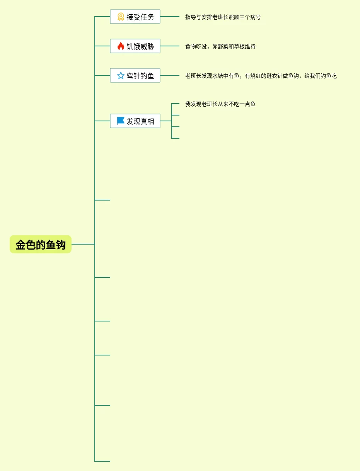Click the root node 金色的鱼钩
[x=41, y=245]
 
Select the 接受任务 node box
[x=135, y=17]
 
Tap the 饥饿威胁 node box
[x=135, y=46]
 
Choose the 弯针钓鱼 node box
[x=135, y=76]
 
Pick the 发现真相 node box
[x=135, y=121]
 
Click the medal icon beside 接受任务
[x=121, y=17]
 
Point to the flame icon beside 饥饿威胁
[x=121, y=46]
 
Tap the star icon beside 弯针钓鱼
[x=121, y=76]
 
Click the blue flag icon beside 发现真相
[x=121, y=121]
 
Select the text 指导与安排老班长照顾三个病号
[x=223, y=17]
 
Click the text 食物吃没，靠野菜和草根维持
[x=220, y=47]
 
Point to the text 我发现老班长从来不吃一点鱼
[x=220, y=104]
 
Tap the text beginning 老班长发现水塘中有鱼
[x=261, y=76]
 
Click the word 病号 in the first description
[x=256, y=17]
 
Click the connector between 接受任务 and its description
[x=170, y=17]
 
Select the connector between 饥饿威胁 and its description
[x=170, y=46]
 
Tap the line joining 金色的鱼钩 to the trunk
[x=83, y=244]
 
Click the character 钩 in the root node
[x=61, y=245]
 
